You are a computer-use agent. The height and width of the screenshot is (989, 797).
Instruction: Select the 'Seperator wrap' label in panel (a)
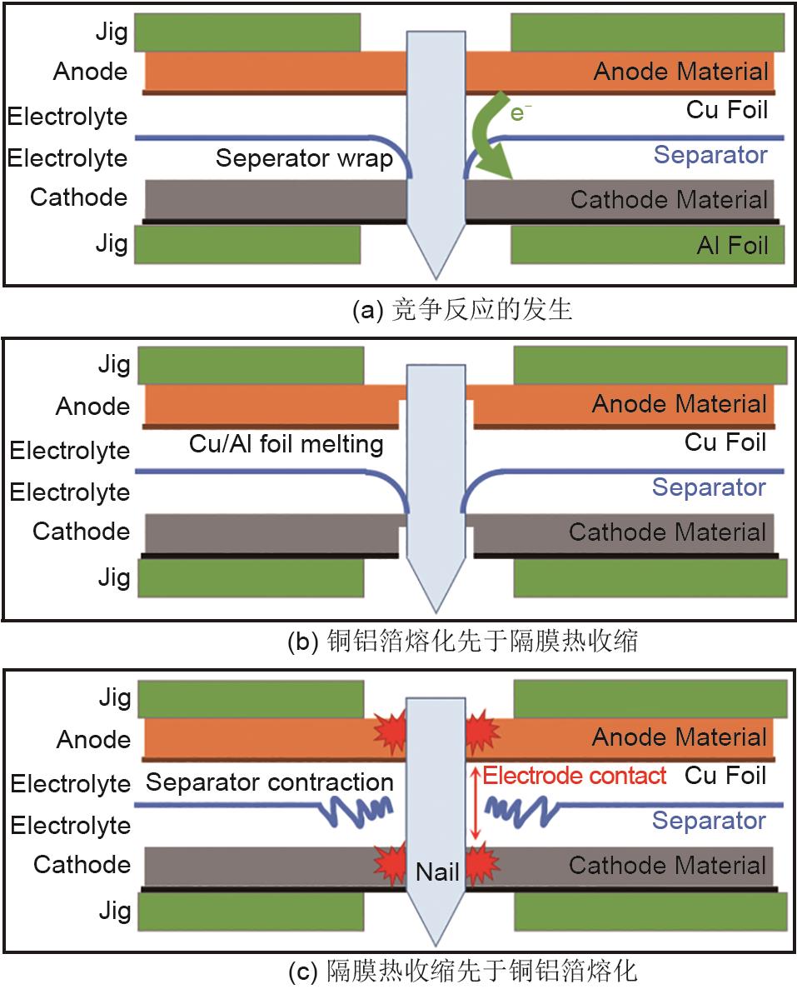click(304, 157)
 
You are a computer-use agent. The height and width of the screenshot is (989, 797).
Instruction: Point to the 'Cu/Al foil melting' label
click(286, 444)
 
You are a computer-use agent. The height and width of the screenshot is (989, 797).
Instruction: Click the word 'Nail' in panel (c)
click(437, 872)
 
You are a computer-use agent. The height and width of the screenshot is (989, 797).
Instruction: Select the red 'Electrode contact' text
click(575, 776)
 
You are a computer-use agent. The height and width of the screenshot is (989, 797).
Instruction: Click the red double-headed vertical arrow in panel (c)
click(475, 804)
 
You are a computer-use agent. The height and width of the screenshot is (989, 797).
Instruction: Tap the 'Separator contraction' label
click(269, 782)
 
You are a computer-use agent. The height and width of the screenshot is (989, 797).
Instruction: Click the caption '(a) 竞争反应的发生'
click(462, 311)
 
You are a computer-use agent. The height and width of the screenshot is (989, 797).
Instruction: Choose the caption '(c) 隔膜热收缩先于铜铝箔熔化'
click(462, 971)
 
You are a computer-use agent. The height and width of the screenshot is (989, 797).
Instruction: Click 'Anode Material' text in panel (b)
click(680, 405)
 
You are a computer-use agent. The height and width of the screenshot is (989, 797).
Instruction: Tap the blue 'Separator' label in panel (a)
click(710, 154)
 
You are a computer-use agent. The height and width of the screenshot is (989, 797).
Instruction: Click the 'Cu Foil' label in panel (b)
click(725, 442)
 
